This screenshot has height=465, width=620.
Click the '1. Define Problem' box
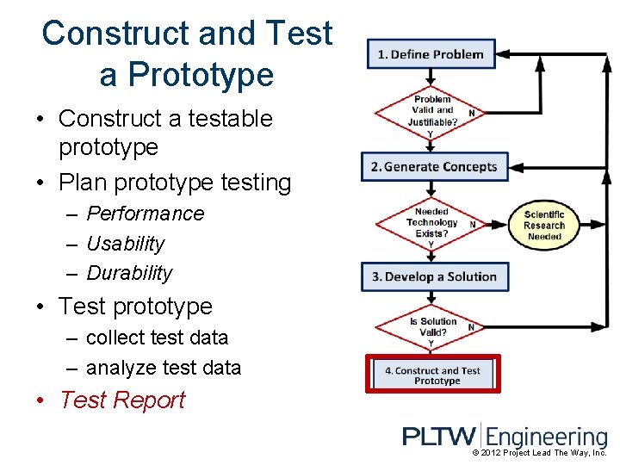tap(431, 54)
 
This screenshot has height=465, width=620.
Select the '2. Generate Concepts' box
tap(435, 167)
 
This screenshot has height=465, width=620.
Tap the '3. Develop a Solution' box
tap(435, 276)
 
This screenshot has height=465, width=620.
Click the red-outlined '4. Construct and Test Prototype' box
tap(432, 375)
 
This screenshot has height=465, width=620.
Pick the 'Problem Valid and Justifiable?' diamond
tap(432, 111)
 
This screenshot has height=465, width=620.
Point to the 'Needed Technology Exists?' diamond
tap(431, 223)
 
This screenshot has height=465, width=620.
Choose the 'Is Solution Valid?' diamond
tap(431, 327)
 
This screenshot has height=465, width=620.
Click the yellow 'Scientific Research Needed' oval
tap(544, 225)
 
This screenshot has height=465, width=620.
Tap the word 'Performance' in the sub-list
tap(146, 214)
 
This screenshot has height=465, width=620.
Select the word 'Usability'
tap(126, 244)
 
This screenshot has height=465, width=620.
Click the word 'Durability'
tap(129, 273)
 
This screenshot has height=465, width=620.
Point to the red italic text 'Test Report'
tap(122, 400)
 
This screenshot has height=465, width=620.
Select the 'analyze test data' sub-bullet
tap(164, 368)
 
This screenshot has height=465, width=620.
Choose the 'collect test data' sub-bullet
tap(158, 338)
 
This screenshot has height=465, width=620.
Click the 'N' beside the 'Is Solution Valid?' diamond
tap(471, 326)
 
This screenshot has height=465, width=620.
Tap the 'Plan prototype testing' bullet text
tap(175, 183)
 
